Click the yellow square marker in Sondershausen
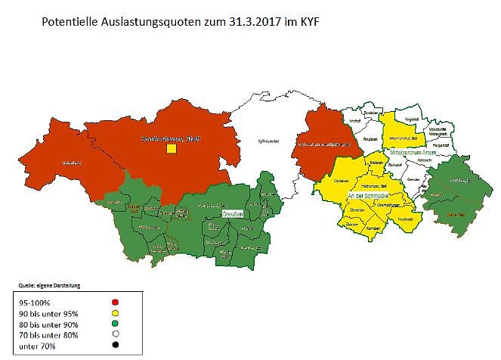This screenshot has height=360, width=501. click(172, 149)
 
